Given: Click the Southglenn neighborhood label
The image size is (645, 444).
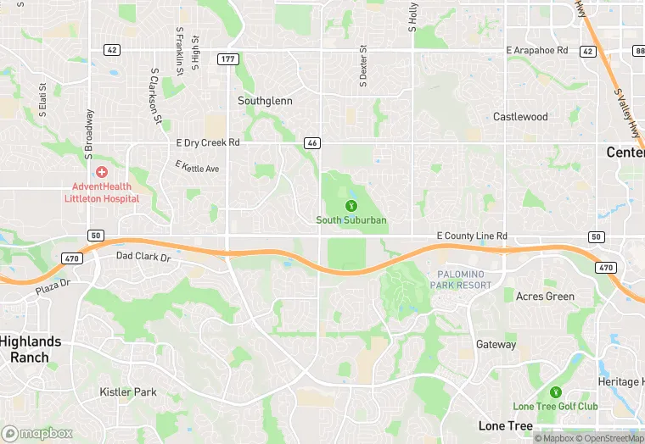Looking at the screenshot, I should click(265, 100).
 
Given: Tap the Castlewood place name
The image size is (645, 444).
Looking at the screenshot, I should click(520, 117).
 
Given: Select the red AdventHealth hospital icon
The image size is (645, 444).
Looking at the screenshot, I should click(102, 172).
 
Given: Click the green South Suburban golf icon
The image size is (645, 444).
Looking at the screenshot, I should click(351, 205).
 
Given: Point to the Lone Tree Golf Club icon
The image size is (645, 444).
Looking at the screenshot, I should click(555, 392).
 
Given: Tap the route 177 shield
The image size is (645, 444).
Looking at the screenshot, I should click(227, 58).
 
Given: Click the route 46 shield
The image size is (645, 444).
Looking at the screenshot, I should click(312, 143).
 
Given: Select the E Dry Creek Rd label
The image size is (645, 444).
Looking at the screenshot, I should click(208, 142).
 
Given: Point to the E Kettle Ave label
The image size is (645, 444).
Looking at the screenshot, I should click(197, 167).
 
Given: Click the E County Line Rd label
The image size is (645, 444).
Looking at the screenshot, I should click(471, 236).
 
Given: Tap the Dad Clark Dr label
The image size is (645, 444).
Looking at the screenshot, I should click(143, 255).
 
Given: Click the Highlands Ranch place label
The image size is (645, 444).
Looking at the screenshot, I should click(31, 349).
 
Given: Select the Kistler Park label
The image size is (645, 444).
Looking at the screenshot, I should click(128, 392).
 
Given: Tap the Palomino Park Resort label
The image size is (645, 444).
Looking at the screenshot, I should click(464, 280).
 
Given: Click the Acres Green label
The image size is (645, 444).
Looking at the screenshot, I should click(545, 297).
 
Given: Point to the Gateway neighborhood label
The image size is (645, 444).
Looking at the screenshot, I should click(496, 345).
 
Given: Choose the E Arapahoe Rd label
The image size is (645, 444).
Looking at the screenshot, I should click(536, 51).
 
